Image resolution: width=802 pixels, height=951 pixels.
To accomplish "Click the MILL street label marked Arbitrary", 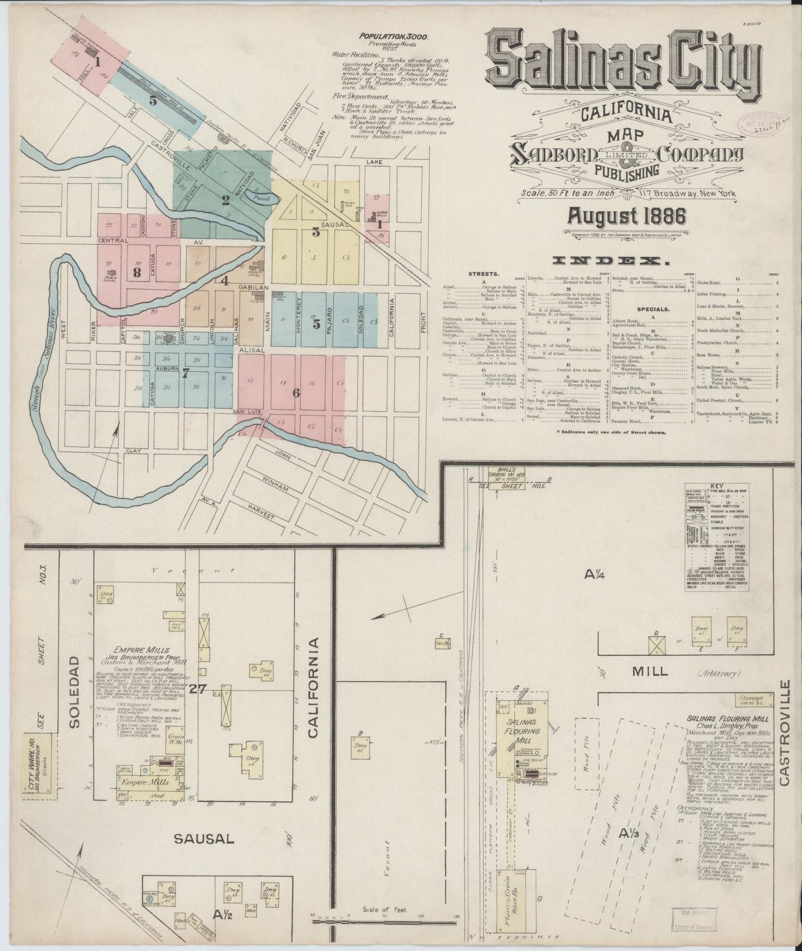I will (650, 671).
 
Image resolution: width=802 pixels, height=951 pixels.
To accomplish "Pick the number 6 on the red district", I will (296, 393).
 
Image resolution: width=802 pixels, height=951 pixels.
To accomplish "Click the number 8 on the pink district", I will (137, 272).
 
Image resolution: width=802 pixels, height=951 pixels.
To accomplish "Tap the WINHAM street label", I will (276, 488).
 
